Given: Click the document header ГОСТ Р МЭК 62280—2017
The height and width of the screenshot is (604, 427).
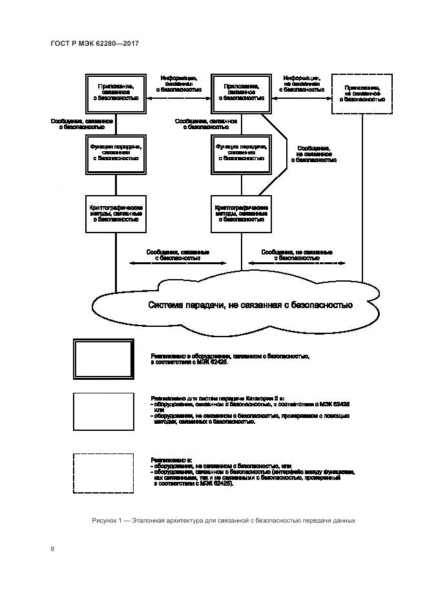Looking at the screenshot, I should pos(94,43).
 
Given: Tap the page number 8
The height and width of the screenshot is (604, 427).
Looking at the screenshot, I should pos(53,549).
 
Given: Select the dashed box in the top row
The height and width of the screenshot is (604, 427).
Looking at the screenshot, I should pos(362,94).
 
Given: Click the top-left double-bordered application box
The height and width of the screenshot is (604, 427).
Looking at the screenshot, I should pos(116,94).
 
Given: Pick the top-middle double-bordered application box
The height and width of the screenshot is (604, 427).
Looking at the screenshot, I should pos(241,94).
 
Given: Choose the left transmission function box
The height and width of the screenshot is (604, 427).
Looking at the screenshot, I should pos(116,153).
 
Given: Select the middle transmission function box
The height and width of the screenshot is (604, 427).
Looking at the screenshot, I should pos(241,153).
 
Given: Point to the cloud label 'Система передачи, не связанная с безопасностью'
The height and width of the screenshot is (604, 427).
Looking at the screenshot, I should pos(250,305).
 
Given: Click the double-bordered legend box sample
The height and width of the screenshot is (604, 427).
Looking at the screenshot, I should pos(103,359).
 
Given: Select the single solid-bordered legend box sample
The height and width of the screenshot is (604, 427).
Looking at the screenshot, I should pos(103,411).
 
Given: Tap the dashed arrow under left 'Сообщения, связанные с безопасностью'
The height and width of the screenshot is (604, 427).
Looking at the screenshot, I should pos(178,264).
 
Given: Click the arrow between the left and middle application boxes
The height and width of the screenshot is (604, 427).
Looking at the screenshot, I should pos(178,99).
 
